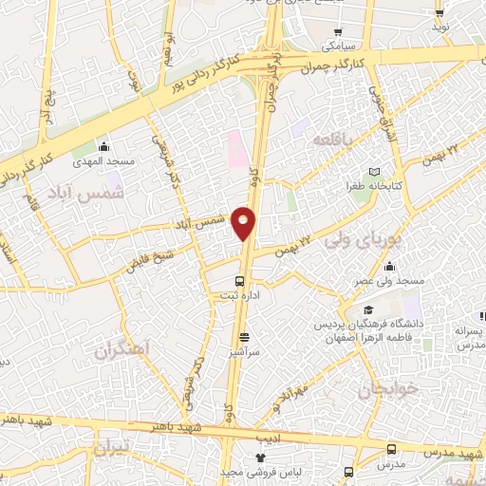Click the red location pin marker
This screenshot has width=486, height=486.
[244, 223]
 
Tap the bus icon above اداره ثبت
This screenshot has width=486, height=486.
[239, 281]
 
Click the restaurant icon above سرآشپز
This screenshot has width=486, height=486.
[244, 337]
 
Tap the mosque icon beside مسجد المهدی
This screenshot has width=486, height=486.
[104, 148]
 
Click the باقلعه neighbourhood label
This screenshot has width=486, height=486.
[333, 139]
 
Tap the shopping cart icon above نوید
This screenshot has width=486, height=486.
[439, 13]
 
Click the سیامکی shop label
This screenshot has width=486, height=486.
[338, 44]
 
